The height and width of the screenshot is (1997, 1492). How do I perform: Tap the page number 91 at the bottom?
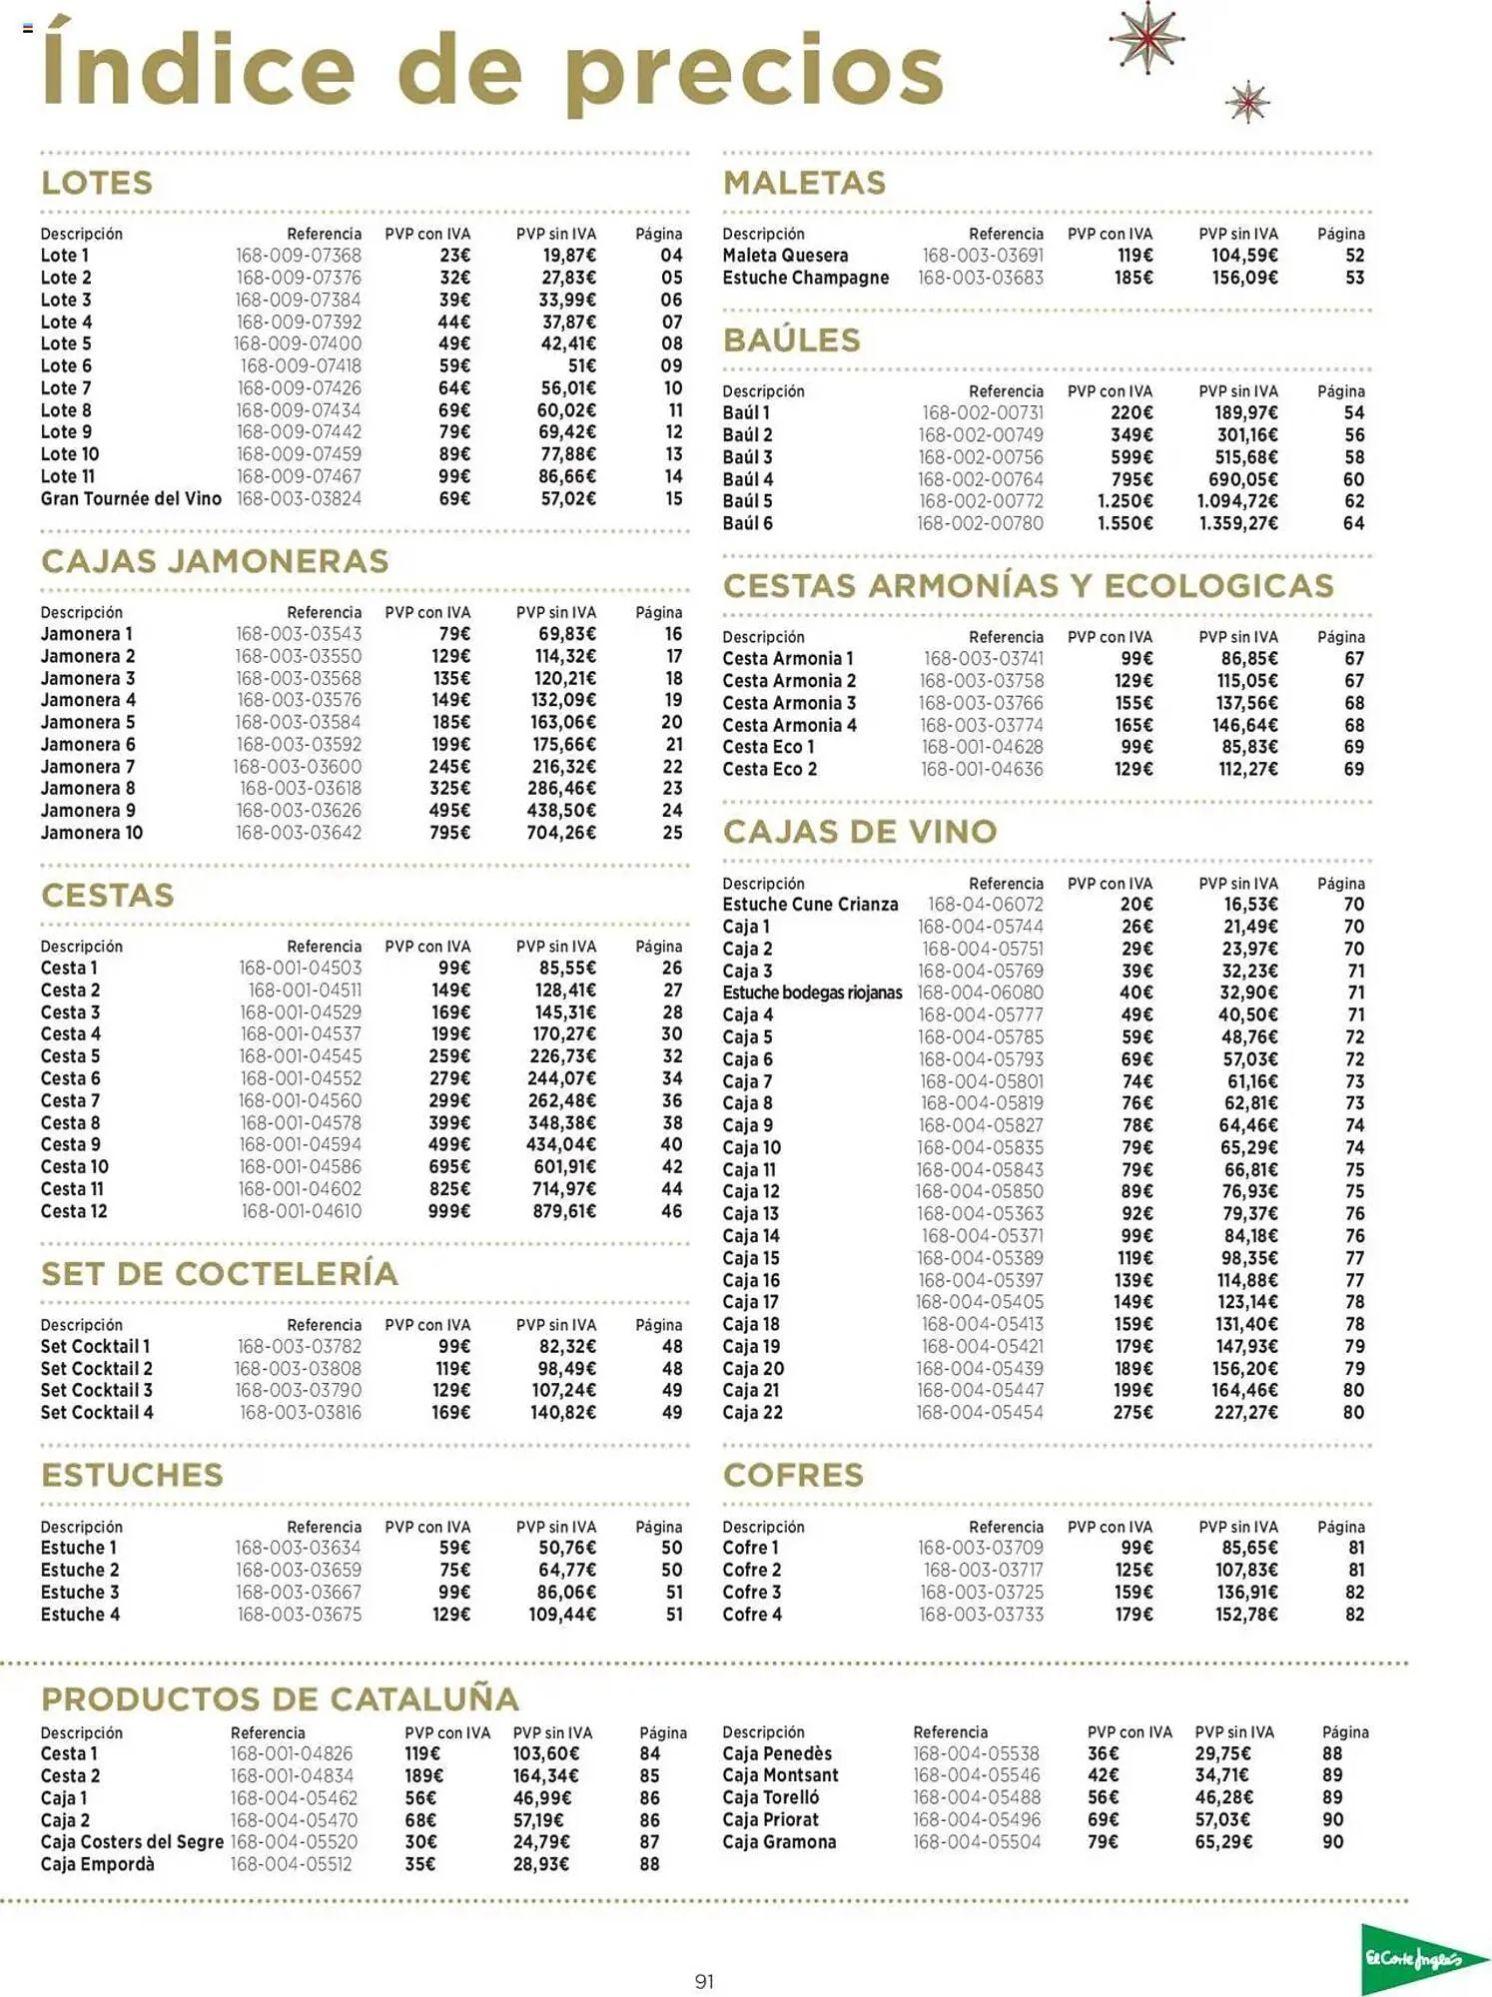coord(704,1981)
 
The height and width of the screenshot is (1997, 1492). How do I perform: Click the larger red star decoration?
coord(1146,39)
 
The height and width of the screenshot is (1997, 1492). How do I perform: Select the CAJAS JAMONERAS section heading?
coord(215,561)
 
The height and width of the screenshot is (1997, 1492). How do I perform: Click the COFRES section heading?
coord(793,1475)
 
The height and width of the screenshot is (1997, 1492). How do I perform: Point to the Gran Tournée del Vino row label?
coord(131,498)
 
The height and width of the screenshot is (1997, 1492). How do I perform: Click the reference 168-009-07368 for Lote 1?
coord(299,256)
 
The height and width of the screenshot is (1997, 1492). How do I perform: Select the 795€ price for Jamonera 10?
coord(449,833)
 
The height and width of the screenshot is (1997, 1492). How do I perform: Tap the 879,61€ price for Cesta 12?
coord(564,1211)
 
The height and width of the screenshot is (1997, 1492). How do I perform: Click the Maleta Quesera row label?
coord(785,256)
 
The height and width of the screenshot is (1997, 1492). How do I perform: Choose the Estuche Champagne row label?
coord(805,278)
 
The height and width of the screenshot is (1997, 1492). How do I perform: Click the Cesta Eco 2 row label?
coord(769,769)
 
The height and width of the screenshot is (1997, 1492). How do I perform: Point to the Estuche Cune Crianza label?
coord(810,905)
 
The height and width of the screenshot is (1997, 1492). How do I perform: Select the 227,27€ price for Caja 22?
coord(1245,1412)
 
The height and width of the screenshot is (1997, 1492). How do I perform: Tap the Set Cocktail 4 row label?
coord(97,1412)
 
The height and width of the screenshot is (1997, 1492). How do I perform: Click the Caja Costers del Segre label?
coord(132,1841)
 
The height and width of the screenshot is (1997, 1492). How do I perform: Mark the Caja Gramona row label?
coord(779,1841)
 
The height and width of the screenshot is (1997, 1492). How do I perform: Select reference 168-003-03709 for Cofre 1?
coord(980,1548)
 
